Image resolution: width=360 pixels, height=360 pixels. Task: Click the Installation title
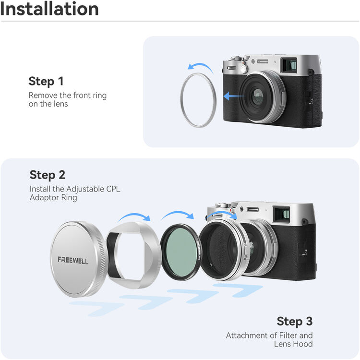point(49,9)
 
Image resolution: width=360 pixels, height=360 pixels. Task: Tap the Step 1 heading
point(46,81)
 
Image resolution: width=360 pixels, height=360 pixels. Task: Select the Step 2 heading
point(48,175)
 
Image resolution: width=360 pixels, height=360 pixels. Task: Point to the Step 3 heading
point(295,321)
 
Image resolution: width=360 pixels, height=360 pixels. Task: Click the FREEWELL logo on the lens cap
point(73,260)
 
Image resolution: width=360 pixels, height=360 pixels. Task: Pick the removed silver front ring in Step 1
point(181,100)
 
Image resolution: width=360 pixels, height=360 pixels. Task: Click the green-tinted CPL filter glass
point(181,252)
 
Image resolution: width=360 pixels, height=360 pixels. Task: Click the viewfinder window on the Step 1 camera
point(289,64)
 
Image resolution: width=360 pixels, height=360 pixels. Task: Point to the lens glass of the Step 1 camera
point(258,96)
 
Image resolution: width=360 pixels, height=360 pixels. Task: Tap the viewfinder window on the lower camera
point(282,215)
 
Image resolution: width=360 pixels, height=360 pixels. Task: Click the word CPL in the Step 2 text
point(113,189)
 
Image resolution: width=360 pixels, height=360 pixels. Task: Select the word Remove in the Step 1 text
point(43,96)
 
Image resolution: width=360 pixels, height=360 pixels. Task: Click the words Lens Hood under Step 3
point(293,344)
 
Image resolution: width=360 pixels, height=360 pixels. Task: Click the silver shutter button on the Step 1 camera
point(244,68)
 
